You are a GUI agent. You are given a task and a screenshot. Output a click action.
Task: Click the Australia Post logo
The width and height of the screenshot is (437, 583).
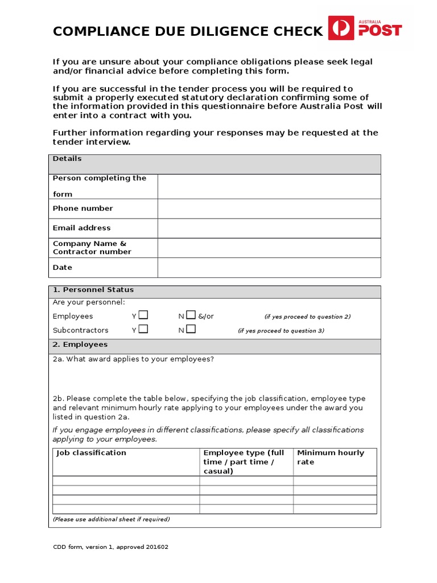click(365, 28)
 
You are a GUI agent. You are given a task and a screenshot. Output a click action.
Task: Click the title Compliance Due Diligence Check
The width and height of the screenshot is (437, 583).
click(188, 31)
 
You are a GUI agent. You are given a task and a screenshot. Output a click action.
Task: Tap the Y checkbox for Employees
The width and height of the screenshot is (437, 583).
click(143, 315)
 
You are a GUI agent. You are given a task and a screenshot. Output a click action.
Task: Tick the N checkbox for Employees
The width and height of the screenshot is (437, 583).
click(191, 315)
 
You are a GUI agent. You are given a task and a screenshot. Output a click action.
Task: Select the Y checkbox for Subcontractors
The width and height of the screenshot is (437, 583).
click(143, 329)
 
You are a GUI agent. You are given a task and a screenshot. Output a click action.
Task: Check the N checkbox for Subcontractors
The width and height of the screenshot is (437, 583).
click(191, 329)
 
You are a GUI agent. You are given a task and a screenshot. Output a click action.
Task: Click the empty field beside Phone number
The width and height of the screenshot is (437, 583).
click(269, 208)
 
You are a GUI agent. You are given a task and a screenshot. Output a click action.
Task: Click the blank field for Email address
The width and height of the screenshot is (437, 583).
click(269, 228)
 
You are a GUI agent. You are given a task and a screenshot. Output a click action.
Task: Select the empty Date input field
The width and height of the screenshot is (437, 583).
click(269, 268)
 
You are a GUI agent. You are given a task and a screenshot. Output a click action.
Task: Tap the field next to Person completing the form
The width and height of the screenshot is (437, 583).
click(269, 186)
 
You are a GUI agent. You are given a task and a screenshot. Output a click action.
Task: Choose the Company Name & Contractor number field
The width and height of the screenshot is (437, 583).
click(269, 248)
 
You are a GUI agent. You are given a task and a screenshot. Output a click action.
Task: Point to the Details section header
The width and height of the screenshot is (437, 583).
click(67, 159)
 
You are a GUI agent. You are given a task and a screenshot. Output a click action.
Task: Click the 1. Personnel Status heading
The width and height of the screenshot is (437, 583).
click(93, 290)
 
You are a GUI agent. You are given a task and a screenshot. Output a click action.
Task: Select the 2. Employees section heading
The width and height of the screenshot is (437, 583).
click(80, 344)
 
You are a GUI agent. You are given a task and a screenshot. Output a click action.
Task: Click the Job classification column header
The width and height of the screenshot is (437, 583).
click(91, 453)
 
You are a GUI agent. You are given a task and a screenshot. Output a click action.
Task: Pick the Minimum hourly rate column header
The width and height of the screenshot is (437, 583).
click(330, 457)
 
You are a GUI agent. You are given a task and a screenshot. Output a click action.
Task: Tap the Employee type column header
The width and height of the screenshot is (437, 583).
click(244, 462)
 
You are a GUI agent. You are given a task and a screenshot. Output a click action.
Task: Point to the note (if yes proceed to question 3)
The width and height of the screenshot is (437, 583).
click(281, 331)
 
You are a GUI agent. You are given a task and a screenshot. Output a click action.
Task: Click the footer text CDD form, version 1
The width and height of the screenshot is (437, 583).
click(110, 547)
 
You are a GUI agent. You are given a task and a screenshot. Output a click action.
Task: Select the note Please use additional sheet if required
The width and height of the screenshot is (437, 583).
click(112, 519)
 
